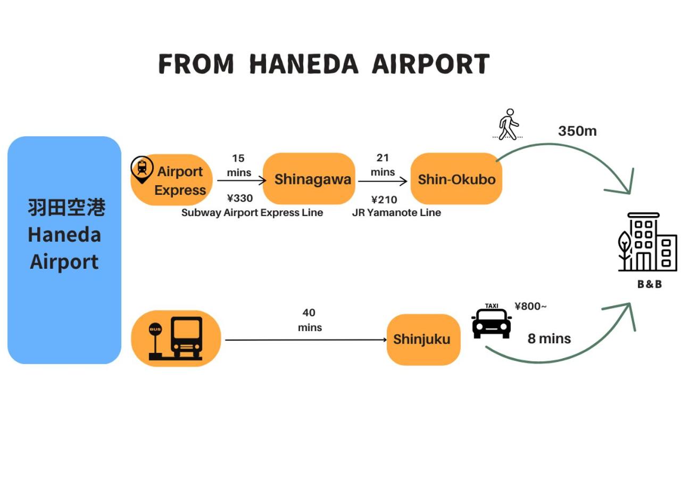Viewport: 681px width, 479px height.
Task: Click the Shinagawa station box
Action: [309, 179]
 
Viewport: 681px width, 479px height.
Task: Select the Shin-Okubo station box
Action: [456, 179]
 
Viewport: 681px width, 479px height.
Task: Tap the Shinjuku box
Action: [423, 339]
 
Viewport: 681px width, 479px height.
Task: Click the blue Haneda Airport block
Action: [64, 250]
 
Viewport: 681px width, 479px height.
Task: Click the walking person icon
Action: [508, 125]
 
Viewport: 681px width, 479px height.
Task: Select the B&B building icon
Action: [647, 242]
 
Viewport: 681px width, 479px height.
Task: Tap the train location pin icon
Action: [142, 169]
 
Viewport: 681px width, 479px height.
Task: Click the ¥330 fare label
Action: [240, 199]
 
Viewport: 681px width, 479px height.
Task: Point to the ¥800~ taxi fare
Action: [530, 306]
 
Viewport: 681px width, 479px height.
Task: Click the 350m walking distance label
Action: [577, 131]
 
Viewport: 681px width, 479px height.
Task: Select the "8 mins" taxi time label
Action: [549, 338]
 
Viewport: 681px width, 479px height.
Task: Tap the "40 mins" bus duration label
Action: [309, 320]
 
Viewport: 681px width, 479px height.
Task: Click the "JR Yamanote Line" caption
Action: [396, 213]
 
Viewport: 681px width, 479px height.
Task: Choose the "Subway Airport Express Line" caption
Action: [252, 213]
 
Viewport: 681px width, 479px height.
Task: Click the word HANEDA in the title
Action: [303, 64]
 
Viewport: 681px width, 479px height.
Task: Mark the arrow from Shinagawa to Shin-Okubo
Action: [383, 181]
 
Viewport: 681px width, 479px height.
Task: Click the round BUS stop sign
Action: [155, 329]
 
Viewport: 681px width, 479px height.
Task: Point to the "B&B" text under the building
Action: [650, 284]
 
